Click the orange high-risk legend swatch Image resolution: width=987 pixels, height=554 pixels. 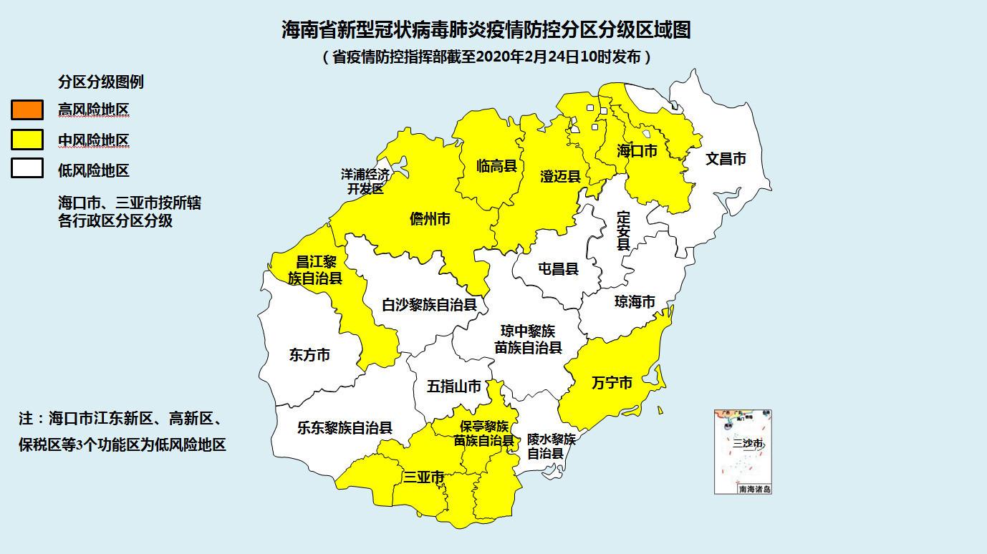(x=27, y=110)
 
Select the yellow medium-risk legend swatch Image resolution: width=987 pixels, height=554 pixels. (x=27, y=140)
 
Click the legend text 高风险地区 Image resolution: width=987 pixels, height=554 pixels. (x=93, y=110)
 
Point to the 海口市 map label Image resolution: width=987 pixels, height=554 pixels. (x=637, y=151)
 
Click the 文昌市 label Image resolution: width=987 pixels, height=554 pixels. (x=726, y=159)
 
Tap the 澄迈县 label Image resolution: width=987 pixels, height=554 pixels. (x=559, y=176)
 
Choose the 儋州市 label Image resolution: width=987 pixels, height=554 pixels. (x=430, y=219)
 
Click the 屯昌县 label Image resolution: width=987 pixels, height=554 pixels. (x=558, y=269)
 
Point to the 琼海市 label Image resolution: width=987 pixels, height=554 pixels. (x=635, y=302)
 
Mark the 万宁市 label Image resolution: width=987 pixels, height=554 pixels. (x=612, y=383)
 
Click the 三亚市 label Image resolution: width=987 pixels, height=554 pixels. (x=423, y=477)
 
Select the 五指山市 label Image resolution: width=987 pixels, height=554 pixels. (x=454, y=387)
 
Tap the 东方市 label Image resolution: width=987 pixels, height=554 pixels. (x=309, y=354)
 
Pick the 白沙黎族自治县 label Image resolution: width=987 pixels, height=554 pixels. (x=429, y=305)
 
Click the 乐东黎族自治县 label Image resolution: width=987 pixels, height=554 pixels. (x=345, y=429)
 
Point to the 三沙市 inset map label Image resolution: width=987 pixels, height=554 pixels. (x=747, y=444)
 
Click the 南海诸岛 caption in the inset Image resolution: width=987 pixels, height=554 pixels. (x=754, y=490)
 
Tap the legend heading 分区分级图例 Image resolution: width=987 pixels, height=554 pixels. (x=100, y=82)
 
